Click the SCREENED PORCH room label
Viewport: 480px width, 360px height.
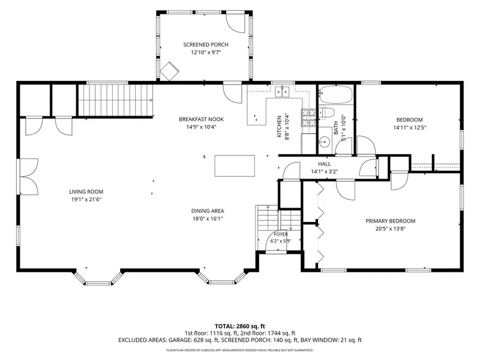tap(206, 44)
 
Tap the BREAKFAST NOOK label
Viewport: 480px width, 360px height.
tap(201, 119)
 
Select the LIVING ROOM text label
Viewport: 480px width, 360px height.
tap(86, 192)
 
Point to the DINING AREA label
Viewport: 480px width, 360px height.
tap(208, 211)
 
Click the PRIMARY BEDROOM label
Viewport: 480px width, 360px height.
tap(391, 221)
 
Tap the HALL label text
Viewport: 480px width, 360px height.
tap(324, 164)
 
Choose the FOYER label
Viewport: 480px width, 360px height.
tap(281, 234)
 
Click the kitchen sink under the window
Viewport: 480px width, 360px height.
tap(282, 92)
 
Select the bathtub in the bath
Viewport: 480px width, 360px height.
tap(335, 95)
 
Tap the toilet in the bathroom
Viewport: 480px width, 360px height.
tap(325, 112)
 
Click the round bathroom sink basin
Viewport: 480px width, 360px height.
tap(323, 142)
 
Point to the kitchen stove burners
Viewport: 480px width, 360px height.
tap(308, 118)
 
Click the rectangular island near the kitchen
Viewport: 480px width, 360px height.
tap(235, 166)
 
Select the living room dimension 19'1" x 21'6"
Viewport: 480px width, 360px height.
tap(86, 200)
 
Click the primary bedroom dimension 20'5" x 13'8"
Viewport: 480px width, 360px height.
tap(391, 229)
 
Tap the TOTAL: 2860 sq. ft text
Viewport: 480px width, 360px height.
tap(239, 326)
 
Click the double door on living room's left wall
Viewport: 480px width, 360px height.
tap(29, 176)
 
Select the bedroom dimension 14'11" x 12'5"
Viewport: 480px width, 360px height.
tap(410, 128)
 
